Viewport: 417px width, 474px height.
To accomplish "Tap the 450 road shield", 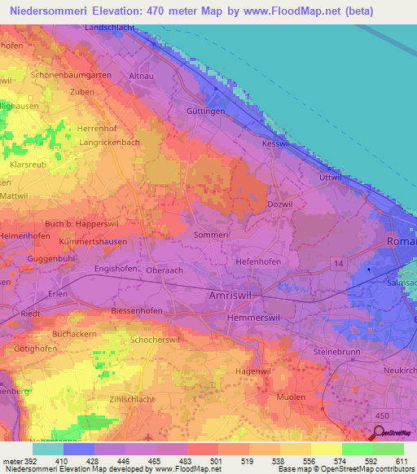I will [393, 392].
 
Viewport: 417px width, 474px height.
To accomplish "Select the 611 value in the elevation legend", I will [402, 461].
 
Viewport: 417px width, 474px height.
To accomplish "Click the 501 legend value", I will [218, 461].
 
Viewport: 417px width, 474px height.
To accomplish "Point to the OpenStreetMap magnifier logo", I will [379, 433].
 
